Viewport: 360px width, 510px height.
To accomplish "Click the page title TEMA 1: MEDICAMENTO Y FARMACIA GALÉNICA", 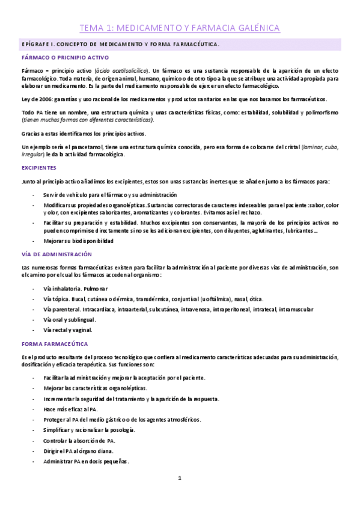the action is coord(180,28).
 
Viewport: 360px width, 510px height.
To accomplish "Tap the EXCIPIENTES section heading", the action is coord(38,168).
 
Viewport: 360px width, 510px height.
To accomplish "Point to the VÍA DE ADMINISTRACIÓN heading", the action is coord(56,254).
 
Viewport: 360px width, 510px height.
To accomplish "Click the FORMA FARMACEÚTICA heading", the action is coord(55,344).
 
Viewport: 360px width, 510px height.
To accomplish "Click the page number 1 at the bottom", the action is coord(179,478).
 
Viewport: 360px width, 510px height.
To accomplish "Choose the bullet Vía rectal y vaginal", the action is coord(68,330).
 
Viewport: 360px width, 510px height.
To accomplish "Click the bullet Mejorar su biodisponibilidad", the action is coord(78,241).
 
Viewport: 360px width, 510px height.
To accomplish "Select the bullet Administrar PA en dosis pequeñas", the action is coord(86,462).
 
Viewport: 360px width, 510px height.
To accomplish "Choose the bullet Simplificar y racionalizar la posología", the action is coord(89,430).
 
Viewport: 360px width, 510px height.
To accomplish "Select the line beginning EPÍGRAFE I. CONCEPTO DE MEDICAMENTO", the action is coord(120,45).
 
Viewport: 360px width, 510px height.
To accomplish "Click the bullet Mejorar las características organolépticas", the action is coord(95,389).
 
